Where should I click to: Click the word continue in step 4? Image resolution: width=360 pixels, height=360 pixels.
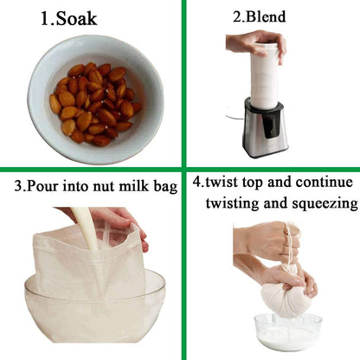tap(323, 183)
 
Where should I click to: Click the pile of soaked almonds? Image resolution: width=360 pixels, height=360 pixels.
tap(95, 103)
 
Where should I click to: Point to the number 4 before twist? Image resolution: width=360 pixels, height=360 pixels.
tap(197, 183)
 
